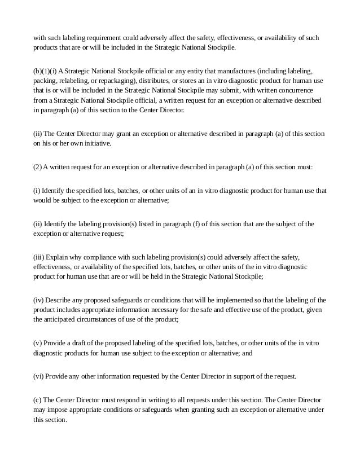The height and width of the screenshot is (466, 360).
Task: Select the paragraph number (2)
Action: pos(38,168)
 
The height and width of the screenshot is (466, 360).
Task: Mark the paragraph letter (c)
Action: pos(37,401)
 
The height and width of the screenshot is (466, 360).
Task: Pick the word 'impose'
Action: pos(56,410)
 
